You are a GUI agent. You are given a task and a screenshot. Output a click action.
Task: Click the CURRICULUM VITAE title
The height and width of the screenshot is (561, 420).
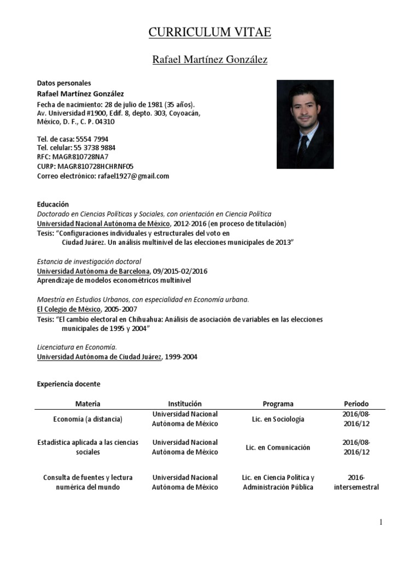[210, 33]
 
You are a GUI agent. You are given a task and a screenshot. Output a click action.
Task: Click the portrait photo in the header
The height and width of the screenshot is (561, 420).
[305, 124]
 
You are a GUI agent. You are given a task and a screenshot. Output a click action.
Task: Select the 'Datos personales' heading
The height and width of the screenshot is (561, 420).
[63, 83]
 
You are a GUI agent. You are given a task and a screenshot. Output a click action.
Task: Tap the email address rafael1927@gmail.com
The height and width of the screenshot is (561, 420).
[133, 176]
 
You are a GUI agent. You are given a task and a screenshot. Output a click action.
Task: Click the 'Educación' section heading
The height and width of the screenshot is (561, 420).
[53, 204]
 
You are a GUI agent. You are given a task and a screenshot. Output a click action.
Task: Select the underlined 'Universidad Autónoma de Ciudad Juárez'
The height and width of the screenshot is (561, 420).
[99, 357]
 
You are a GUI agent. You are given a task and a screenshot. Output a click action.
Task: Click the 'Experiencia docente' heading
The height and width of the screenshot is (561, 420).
[68, 384]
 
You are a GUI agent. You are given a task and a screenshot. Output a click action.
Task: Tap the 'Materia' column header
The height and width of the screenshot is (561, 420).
[87, 404]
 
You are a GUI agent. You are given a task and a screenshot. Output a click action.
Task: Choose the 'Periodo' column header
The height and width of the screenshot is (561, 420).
[356, 404]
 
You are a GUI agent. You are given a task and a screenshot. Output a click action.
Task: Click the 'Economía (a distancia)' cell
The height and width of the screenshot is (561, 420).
[87, 419]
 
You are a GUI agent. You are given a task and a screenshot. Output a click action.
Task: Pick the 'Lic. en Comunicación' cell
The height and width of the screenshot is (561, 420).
[278, 448]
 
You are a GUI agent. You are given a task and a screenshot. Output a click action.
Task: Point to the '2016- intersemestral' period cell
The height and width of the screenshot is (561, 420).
[356, 482]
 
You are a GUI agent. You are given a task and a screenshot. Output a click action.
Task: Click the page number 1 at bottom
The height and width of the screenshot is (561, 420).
[381, 522]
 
